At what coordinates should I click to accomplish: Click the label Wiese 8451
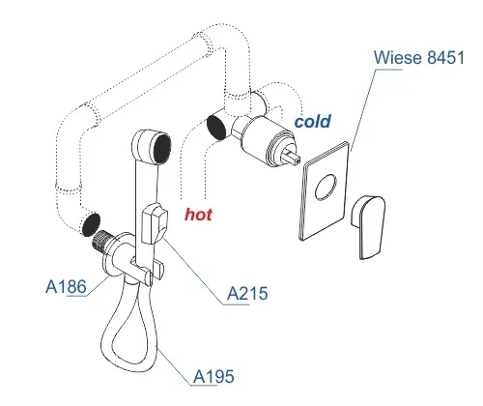[x=419, y=57]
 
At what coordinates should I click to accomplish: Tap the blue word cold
[x=313, y=122]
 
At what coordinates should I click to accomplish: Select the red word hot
[x=198, y=215]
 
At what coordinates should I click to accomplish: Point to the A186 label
[x=66, y=286]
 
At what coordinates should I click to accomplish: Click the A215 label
[x=247, y=294]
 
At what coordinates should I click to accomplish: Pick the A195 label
[x=213, y=376]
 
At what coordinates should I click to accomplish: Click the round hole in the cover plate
[x=326, y=188]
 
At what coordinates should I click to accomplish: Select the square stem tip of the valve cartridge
[x=293, y=157]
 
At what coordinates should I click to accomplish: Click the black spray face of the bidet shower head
[x=163, y=149]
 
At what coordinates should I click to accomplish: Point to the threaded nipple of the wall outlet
[x=102, y=242]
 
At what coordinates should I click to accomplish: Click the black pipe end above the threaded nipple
[x=91, y=224]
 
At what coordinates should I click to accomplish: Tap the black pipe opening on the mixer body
[x=216, y=128]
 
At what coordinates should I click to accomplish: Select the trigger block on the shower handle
[x=155, y=224]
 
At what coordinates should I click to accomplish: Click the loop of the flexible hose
[x=128, y=332]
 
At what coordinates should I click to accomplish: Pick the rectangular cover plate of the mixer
[x=325, y=190]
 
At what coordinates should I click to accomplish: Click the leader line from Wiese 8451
[x=364, y=110]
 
